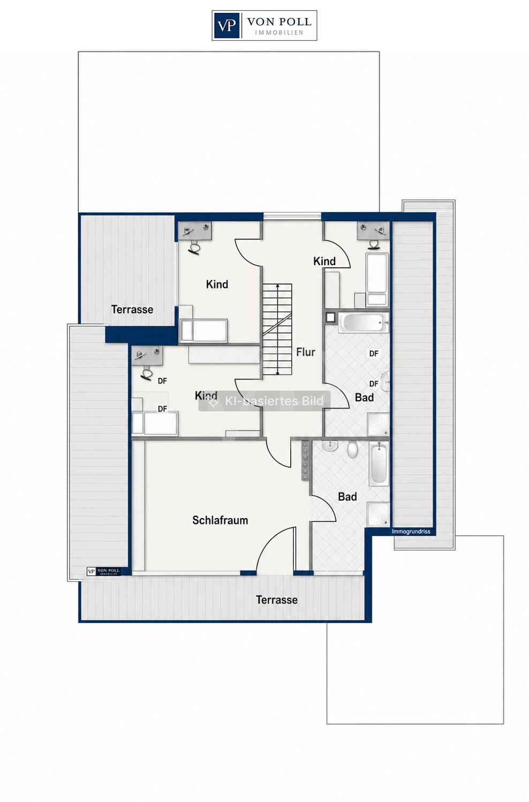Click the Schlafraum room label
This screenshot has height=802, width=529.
click(220, 520)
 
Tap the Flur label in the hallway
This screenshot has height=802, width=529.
click(306, 352)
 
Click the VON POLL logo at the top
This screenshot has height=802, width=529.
click(264, 26)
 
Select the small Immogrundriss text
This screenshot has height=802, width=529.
click(411, 531)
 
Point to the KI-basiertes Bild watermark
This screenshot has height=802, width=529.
click(264, 401)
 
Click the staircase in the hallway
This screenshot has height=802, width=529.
click(277, 329)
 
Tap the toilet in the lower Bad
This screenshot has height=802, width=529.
click(352, 449)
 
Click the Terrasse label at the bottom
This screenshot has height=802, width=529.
click(276, 600)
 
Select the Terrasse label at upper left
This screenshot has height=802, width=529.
click(132, 310)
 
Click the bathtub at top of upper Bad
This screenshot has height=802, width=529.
click(364, 322)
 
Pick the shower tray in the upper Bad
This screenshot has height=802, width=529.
click(378, 425)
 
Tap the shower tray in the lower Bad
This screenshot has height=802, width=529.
click(379, 514)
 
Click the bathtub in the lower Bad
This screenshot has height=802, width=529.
click(379, 464)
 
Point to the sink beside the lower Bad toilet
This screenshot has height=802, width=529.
click(330, 445)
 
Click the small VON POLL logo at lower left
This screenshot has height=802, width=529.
click(103, 572)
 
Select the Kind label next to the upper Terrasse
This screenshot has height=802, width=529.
click(217, 284)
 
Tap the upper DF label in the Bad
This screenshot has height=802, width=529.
click(374, 354)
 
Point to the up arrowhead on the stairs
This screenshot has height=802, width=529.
click(277, 286)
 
